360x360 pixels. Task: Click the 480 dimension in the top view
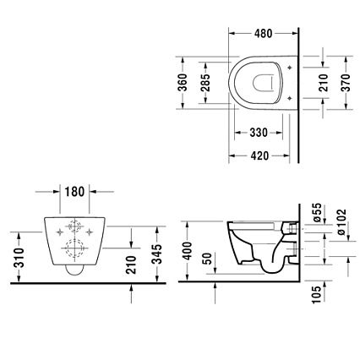click(x=263, y=34)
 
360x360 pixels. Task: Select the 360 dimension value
click(x=183, y=83)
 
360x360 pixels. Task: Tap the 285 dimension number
click(x=205, y=83)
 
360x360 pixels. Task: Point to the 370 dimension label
click(x=346, y=83)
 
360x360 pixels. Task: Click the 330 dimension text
click(x=259, y=133)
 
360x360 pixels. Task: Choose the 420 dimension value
click(x=259, y=155)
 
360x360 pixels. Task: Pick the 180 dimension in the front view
click(x=74, y=192)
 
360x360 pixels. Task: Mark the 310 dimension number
click(x=19, y=258)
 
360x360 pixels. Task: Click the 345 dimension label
click(x=157, y=254)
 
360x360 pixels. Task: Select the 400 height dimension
click(x=187, y=250)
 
